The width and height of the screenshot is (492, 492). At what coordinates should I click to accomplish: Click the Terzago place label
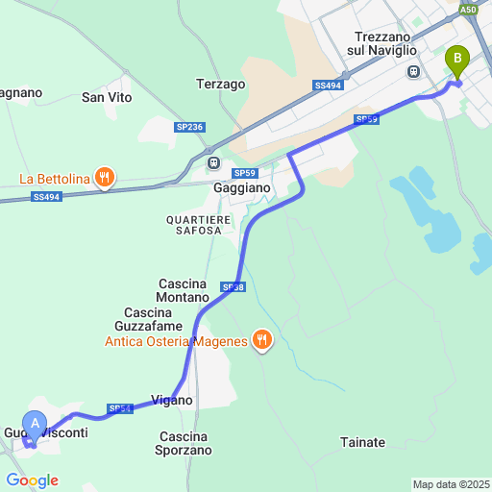tap(220, 84)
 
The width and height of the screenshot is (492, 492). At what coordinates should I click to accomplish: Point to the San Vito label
tap(106, 97)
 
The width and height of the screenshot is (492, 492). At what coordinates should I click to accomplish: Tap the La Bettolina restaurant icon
tap(106, 177)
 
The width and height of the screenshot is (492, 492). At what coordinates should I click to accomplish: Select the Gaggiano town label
tap(241, 189)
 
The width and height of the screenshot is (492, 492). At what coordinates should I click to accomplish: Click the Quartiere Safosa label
tap(199, 227)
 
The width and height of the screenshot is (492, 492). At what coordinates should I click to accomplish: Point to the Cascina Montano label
tap(183, 290)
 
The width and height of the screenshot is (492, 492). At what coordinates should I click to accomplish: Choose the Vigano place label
tap(172, 400)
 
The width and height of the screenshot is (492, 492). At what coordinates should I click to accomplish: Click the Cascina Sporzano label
tap(184, 443)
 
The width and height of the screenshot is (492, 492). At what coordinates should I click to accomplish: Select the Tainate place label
tap(362, 442)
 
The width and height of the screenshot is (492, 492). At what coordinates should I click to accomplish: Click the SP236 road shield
tap(189, 127)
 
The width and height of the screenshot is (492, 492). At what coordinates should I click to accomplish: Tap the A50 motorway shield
tap(468, 10)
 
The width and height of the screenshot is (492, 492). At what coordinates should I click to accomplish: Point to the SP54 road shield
tap(119, 408)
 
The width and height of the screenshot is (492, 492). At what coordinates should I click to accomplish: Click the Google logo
tap(32, 480)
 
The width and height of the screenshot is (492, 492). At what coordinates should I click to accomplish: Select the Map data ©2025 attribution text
tap(451, 484)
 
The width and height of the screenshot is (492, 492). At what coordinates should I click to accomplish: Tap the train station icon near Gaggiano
tap(214, 163)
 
